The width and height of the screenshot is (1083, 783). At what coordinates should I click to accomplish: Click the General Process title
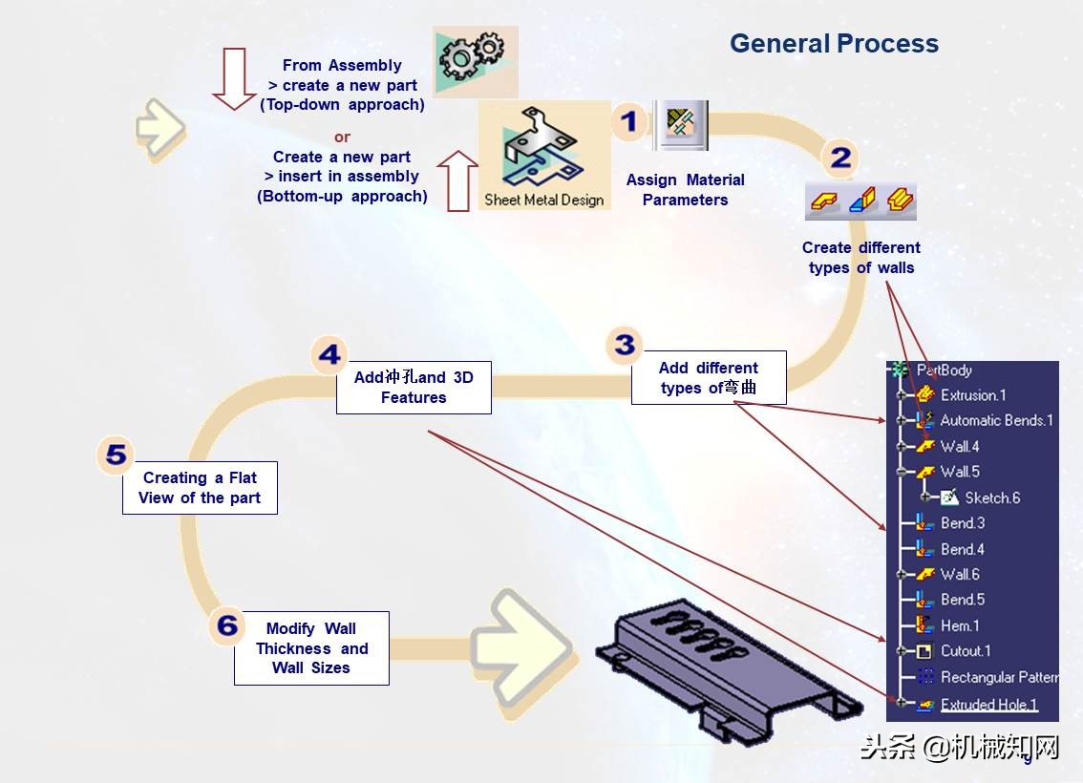[834, 44]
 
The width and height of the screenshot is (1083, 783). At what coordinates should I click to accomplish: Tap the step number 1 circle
[628, 122]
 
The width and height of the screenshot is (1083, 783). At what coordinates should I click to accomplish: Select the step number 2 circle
[840, 158]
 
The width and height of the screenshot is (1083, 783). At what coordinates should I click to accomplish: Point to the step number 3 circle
[625, 345]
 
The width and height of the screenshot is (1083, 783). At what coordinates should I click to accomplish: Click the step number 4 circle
[329, 355]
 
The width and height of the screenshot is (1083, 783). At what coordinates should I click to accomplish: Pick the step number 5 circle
[116, 455]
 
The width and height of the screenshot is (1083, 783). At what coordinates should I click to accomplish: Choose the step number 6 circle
[226, 625]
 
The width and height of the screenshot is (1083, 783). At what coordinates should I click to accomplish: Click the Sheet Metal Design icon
[544, 156]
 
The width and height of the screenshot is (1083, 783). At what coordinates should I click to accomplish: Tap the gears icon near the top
[475, 59]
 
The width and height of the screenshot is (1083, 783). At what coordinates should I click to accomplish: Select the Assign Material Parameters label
[685, 190]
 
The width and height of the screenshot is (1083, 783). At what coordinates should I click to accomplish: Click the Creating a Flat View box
[200, 488]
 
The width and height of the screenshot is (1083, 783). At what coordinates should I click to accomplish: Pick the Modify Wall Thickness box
[311, 648]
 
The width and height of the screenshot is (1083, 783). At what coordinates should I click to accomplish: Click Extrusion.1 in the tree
[972, 395]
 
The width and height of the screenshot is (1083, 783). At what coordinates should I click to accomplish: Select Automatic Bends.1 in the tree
[995, 420]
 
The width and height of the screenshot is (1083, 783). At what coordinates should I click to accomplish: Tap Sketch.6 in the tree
[991, 497]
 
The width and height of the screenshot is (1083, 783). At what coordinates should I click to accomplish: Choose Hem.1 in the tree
[959, 625]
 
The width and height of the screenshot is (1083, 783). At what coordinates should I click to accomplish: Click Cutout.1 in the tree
[965, 651]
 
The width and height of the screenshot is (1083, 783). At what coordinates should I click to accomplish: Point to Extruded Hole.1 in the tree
[988, 705]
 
